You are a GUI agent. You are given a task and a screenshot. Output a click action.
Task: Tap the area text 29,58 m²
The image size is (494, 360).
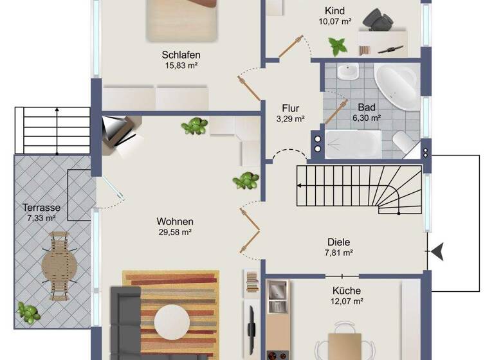point(175,232)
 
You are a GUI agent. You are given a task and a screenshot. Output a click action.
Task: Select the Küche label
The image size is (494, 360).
point(347,291)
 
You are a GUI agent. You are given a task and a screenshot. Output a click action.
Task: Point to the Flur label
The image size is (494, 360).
point(290,108)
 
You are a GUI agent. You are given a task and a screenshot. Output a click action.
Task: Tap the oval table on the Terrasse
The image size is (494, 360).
point(60,265)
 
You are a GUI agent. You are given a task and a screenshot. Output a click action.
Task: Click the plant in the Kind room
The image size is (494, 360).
point(337,46)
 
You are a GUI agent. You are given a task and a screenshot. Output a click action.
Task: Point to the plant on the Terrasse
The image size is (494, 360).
point(28,312)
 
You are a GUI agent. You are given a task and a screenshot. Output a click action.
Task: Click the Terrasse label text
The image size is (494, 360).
point(41,208)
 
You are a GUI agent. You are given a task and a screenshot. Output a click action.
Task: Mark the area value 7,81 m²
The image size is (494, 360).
point(338,253)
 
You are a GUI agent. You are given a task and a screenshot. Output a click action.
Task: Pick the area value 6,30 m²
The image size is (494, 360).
point(367,118)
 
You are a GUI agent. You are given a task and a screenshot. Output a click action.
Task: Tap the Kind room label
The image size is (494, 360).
point(335,11)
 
